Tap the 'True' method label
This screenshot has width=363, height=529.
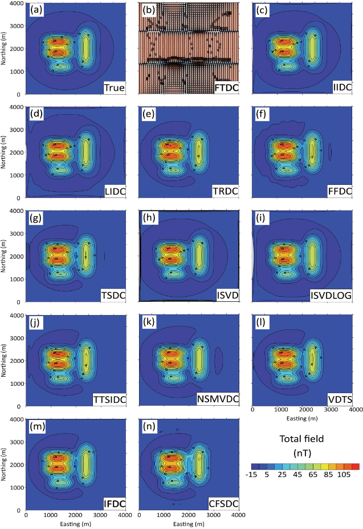115,87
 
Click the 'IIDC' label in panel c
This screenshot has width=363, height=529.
343,87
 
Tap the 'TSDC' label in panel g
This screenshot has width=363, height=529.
113,295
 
